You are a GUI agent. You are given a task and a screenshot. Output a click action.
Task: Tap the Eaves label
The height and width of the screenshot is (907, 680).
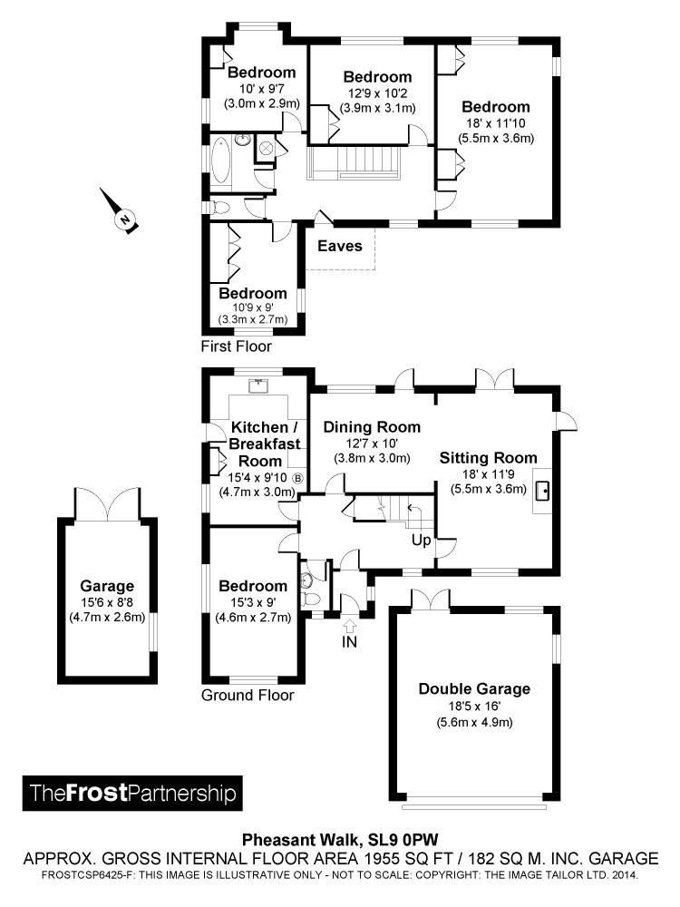click(340, 246)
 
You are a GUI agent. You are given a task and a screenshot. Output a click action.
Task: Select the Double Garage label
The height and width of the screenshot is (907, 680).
click(474, 688)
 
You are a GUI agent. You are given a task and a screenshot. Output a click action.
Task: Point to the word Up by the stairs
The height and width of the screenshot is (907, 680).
click(422, 540)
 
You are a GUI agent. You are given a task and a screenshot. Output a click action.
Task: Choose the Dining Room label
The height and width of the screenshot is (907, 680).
click(372, 427)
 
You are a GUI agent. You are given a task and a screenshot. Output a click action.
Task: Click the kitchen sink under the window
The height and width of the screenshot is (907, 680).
click(260, 384)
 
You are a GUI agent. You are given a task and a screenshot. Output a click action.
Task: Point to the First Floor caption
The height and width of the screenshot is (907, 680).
click(237, 346)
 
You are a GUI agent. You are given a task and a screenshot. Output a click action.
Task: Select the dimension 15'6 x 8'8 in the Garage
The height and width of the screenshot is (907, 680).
click(107, 603)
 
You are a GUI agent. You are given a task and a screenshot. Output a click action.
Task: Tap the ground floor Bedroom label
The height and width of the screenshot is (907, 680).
click(253, 587)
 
